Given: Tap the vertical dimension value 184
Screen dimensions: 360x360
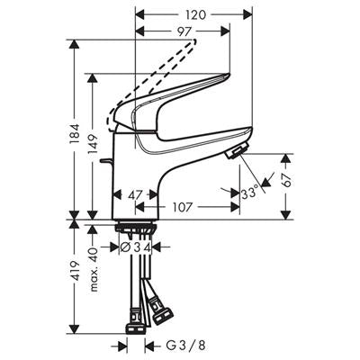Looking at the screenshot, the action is (74, 132).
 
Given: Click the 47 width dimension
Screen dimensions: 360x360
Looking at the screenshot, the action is (137, 194).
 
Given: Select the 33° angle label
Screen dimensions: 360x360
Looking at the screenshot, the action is (249, 193).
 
